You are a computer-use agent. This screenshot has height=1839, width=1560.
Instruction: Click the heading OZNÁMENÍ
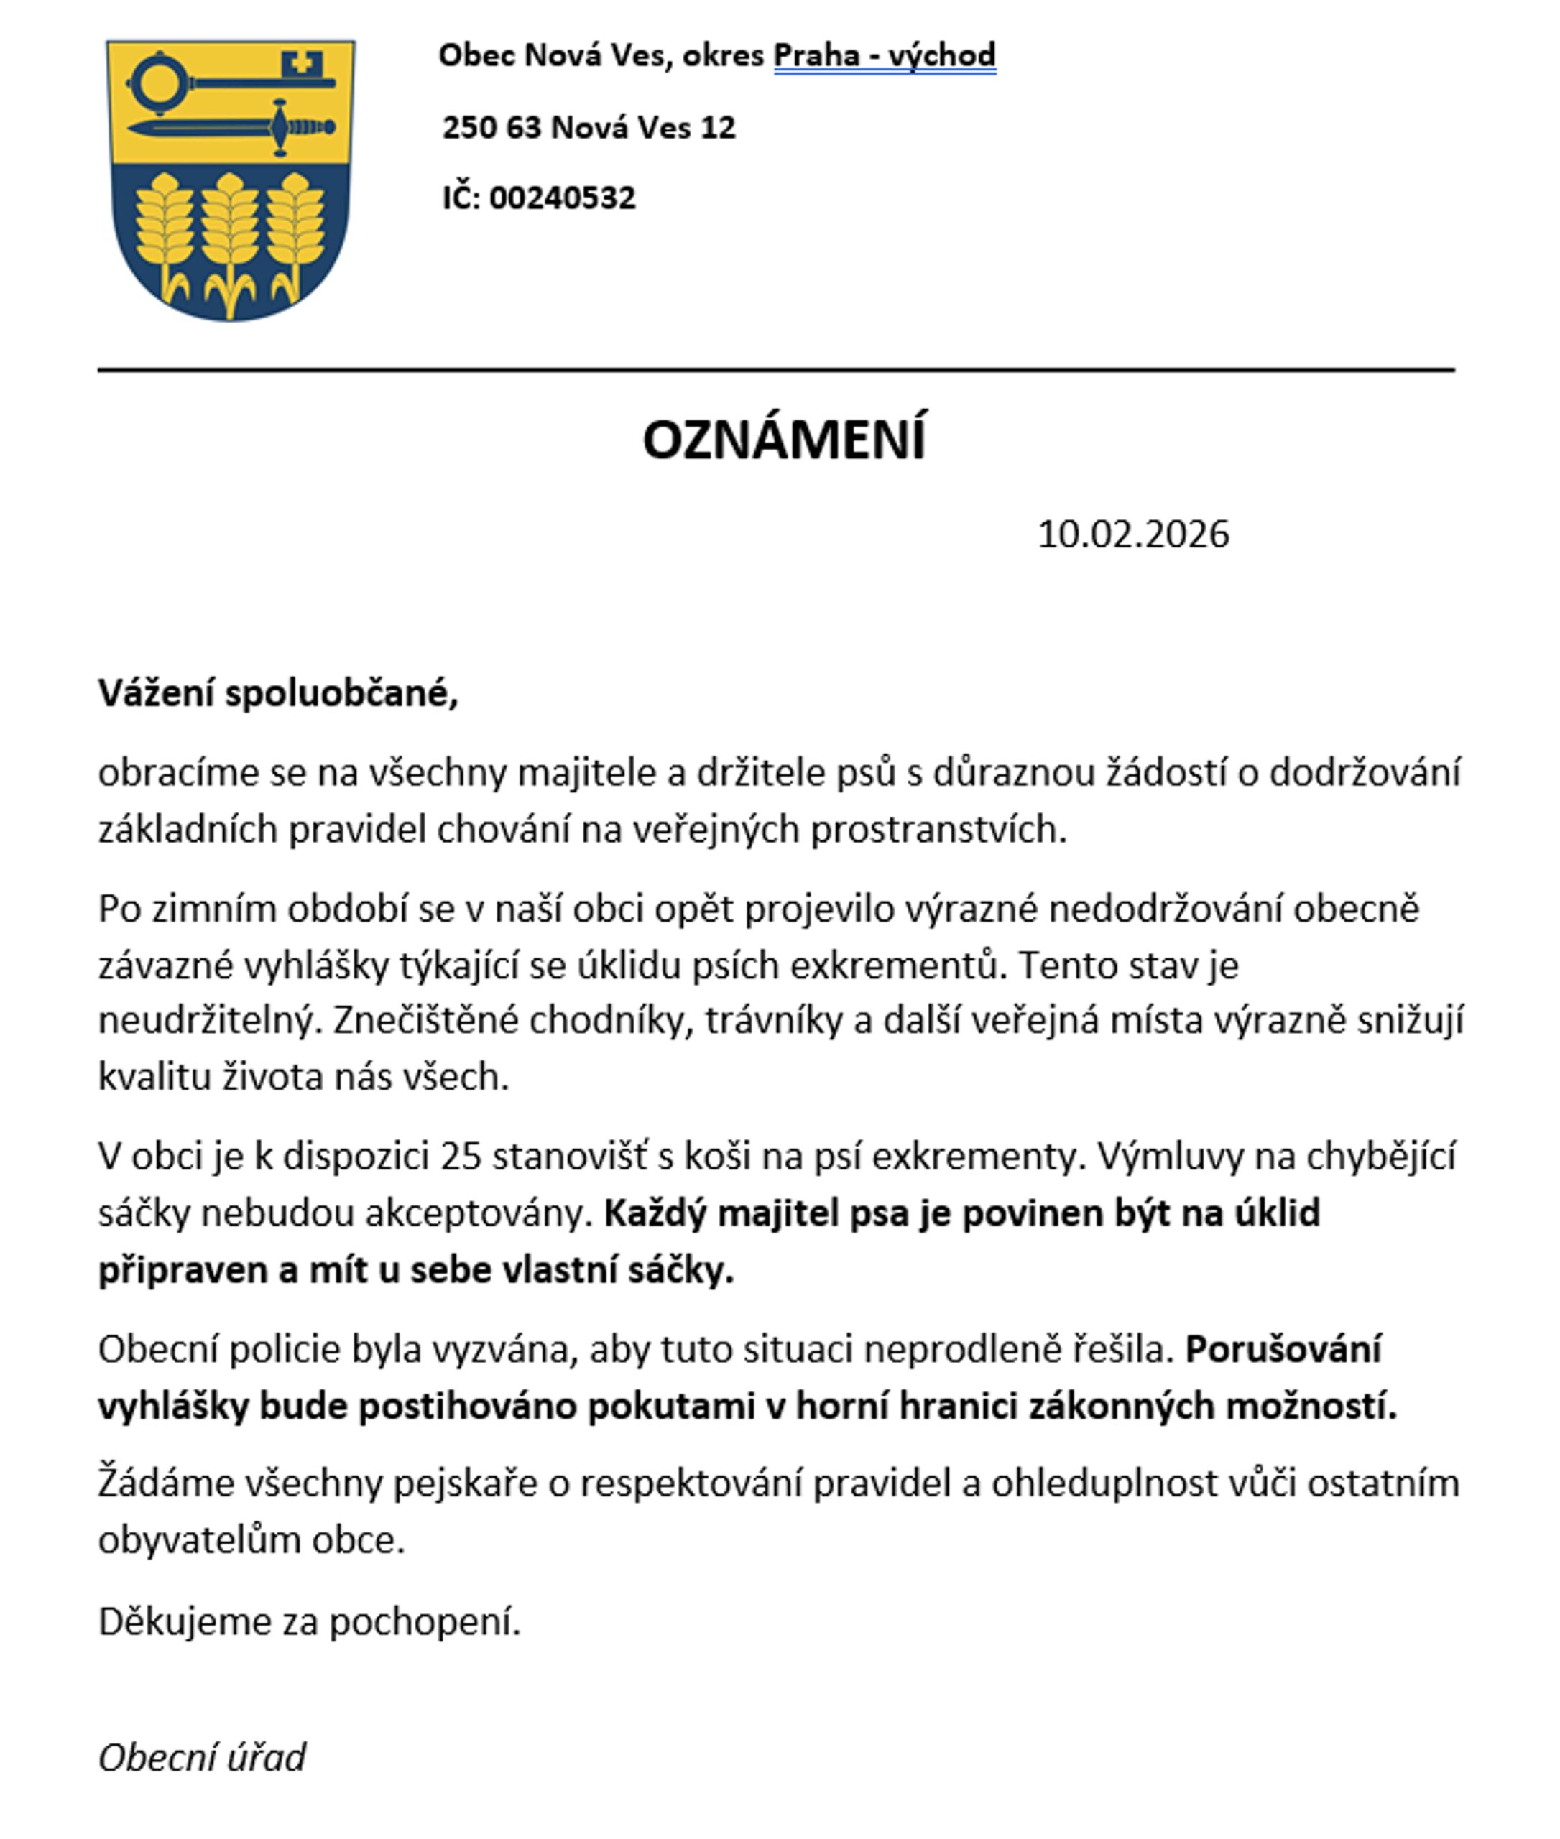click(783, 440)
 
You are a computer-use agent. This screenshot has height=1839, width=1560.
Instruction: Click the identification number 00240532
click(563, 197)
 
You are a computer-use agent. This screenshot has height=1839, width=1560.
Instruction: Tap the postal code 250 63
click(491, 127)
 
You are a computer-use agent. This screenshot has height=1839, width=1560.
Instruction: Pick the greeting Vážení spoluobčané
click(277, 694)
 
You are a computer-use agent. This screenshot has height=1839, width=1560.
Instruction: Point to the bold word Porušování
click(1283, 1350)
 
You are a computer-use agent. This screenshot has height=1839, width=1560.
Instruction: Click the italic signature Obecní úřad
click(202, 1758)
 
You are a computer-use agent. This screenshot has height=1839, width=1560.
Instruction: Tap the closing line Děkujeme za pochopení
click(310, 1621)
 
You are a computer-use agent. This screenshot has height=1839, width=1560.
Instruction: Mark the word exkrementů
click(893, 965)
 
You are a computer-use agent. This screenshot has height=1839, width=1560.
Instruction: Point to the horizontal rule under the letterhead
click(777, 369)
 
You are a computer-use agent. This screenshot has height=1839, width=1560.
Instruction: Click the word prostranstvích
click(938, 829)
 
